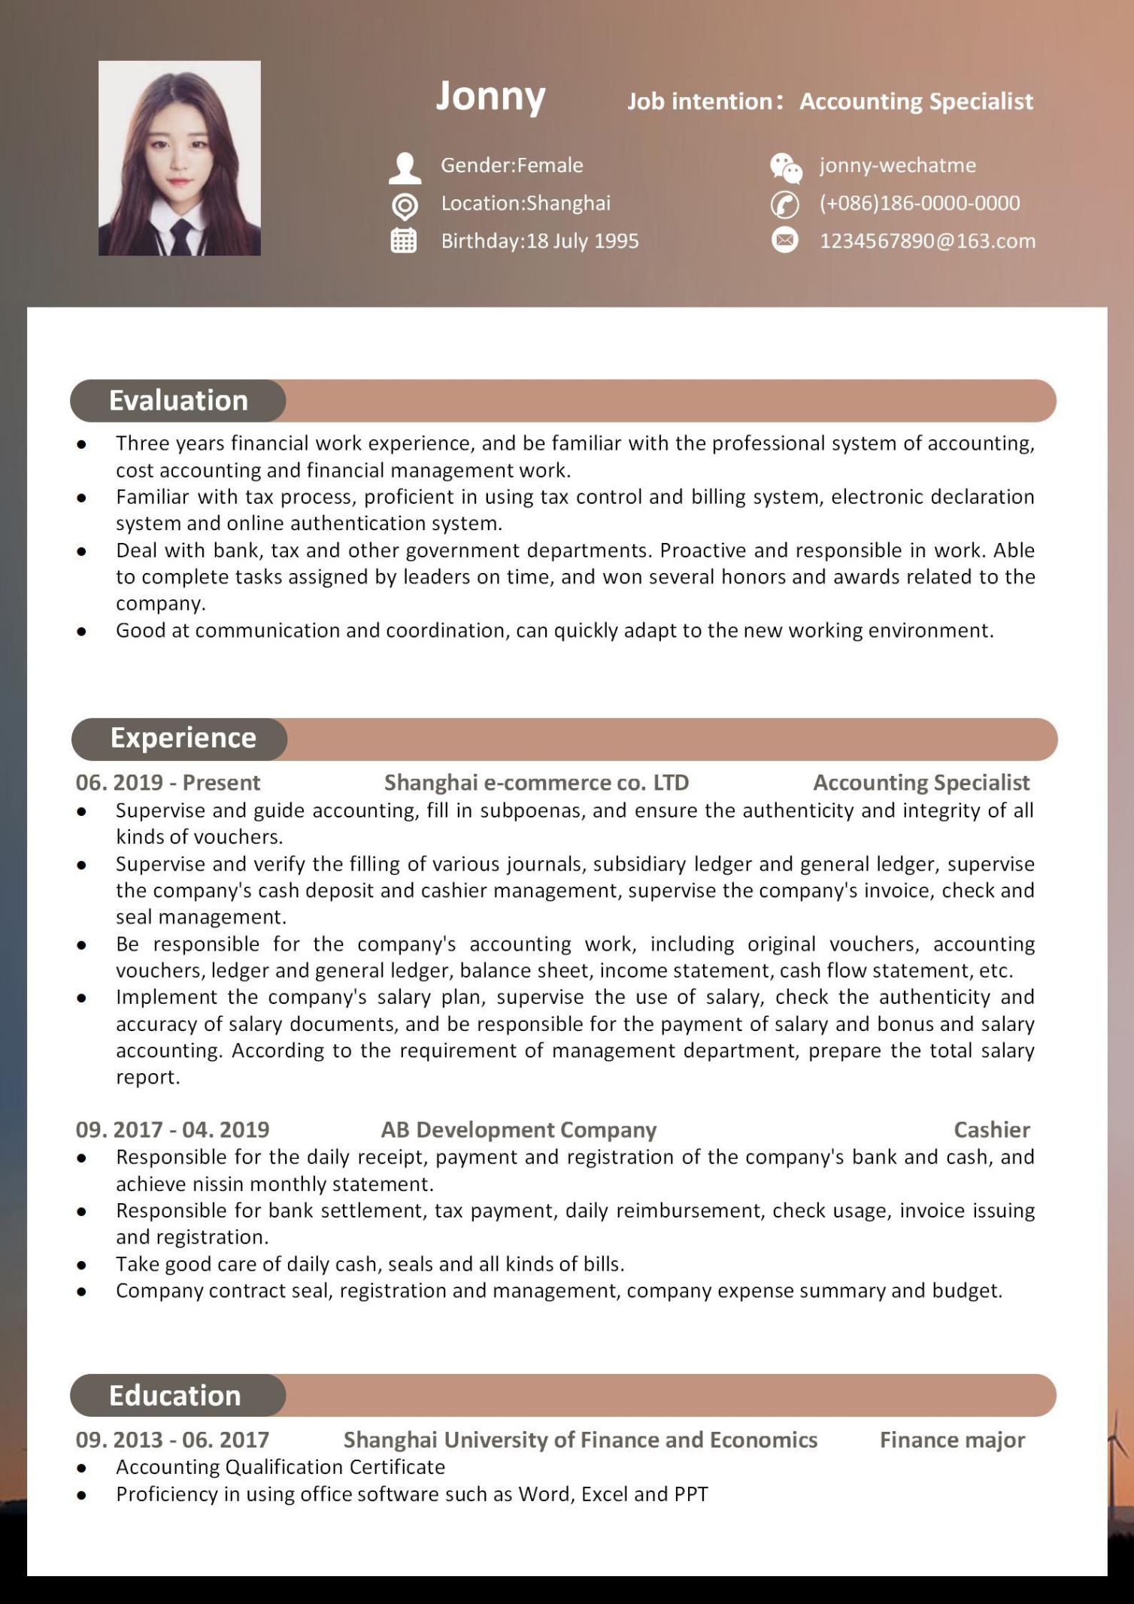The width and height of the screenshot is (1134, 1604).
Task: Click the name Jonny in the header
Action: click(490, 97)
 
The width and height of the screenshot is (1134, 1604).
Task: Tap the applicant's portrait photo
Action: click(180, 158)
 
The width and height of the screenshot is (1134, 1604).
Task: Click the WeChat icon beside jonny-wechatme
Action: click(786, 167)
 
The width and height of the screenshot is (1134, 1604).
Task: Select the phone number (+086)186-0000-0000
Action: click(919, 203)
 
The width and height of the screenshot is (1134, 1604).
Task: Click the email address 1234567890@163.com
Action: click(927, 241)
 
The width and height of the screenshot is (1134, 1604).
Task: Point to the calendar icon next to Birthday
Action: click(404, 241)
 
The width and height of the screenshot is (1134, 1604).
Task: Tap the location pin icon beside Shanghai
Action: click(405, 205)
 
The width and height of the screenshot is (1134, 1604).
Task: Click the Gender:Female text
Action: click(511, 165)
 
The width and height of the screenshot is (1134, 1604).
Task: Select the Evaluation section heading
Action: click(178, 401)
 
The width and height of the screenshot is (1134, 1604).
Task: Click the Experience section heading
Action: click(183, 738)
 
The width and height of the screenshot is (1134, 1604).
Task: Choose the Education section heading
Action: click(174, 1396)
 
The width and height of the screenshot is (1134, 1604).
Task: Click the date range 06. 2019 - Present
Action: click(168, 783)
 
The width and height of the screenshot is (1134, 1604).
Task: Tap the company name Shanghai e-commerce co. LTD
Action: click(536, 783)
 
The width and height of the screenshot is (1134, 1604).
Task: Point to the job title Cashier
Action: click(991, 1129)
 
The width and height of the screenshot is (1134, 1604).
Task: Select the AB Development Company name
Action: click(518, 1129)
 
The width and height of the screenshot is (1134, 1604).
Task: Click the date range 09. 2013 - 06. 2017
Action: click(172, 1439)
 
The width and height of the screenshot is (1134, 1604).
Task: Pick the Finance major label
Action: click(952, 1439)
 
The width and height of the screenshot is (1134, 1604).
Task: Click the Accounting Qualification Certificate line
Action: click(280, 1466)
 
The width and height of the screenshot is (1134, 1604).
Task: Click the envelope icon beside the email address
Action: click(785, 241)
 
